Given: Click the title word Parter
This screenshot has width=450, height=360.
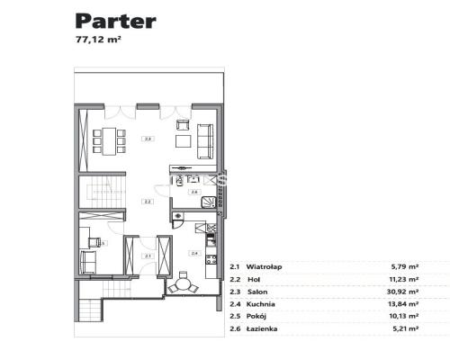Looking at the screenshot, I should (x=115, y=21).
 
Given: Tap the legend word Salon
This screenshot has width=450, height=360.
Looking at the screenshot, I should (x=256, y=292).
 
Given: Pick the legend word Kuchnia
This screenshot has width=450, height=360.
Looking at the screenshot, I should (x=260, y=305).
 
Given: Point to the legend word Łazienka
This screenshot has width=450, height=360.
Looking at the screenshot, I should (x=262, y=330).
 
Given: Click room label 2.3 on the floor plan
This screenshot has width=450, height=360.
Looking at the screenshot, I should (x=148, y=138).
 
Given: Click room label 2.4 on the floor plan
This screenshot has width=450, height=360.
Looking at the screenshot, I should (x=193, y=254).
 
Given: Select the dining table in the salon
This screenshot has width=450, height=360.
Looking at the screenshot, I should (x=112, y=139).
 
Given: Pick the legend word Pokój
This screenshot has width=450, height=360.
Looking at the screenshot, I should (x=256, y=318).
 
